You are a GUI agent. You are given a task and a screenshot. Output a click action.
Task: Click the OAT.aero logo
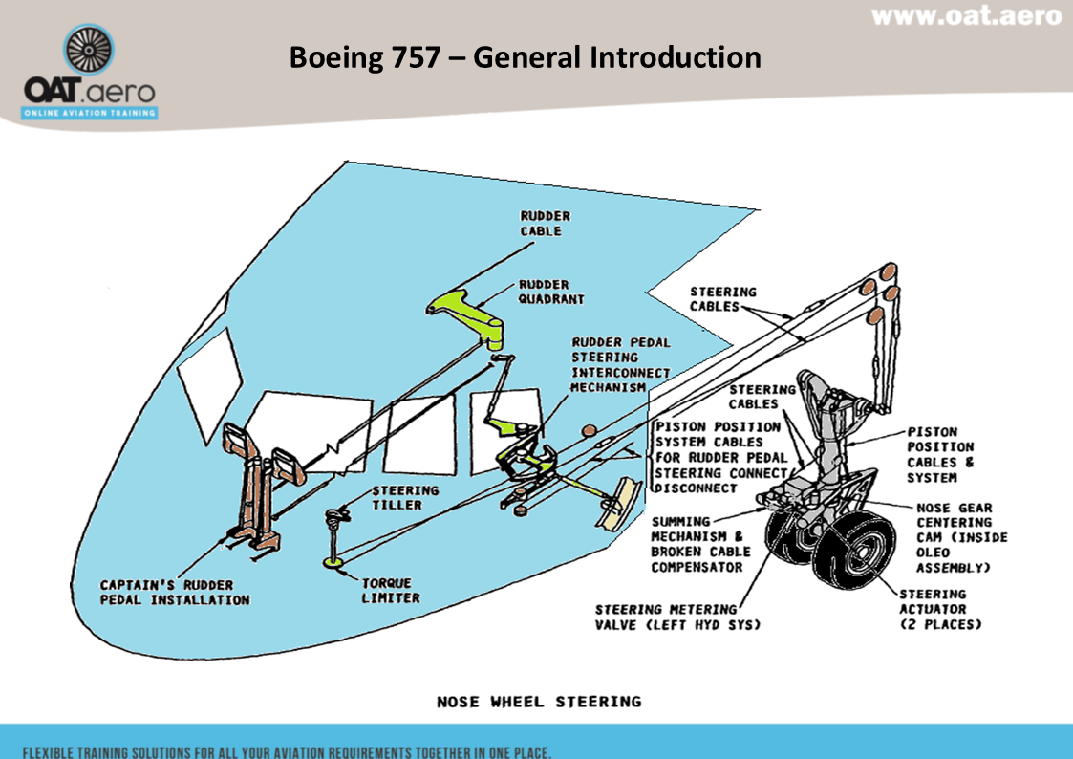[x=91, y=74]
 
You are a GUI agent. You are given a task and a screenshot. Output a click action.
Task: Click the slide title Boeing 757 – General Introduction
[x=526, y=57]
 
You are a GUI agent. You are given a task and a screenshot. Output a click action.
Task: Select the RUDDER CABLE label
[x=541, y=224]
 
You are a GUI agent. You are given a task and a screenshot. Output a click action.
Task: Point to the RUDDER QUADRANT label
[x=551, y=292]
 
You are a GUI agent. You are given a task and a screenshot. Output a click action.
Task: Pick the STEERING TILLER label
[x=405, y=497]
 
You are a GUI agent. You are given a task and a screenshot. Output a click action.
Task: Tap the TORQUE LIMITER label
[x=390, y=590]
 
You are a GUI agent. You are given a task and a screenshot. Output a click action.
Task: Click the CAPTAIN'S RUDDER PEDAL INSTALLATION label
[x=175, y=592]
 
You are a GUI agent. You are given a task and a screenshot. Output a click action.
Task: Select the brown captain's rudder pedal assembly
[x=254, y=488]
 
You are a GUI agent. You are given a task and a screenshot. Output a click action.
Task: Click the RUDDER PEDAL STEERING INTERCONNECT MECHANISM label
[x=620, y=364]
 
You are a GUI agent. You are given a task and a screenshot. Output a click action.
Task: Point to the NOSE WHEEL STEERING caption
[x=539, y=702]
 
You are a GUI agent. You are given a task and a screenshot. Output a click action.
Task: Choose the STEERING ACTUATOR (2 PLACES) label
[x=940, y=609]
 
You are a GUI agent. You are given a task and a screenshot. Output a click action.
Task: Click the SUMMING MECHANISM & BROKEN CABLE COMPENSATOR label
[x=700, y=544]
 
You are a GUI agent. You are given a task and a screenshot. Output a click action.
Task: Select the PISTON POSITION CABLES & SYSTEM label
[x=940, y=454]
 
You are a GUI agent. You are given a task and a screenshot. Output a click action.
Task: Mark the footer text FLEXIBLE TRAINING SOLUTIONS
[x=287, y=750]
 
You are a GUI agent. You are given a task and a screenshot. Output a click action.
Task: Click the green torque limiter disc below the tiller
[x=334, y=567]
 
